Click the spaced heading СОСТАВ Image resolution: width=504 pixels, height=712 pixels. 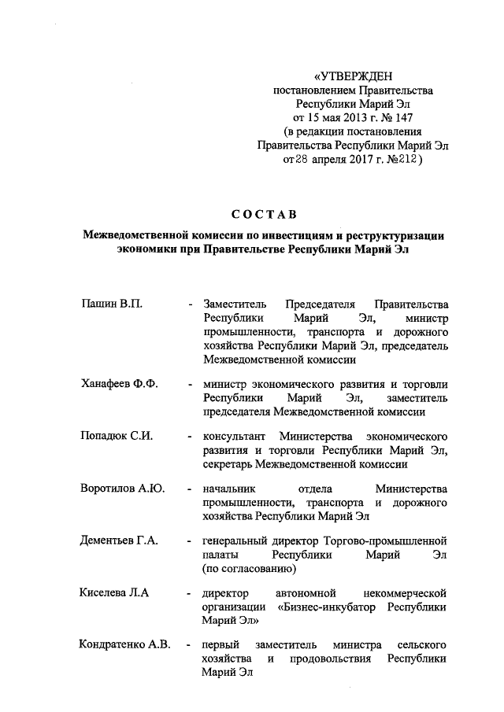click(x=264, y=214)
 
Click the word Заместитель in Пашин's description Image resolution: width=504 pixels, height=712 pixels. click(x=236, y=304)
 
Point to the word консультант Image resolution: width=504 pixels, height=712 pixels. click(x=233, y=436)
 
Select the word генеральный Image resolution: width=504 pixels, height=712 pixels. click(x=239, y=540)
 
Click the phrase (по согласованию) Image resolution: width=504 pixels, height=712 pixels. click(x=249, y=568)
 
